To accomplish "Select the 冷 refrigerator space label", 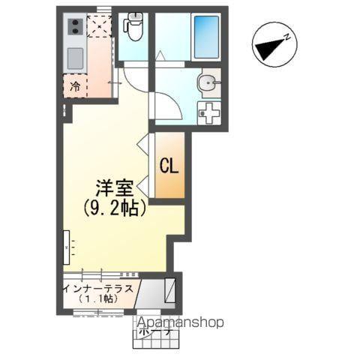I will [x=75, y=87].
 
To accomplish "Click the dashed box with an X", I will [x=99, y=26].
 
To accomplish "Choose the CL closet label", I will [x=169, y=166].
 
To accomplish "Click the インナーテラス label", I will [x=98, y=286].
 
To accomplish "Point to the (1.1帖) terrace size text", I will [x=97, y=298].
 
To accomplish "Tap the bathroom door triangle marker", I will [x=160, y=55].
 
